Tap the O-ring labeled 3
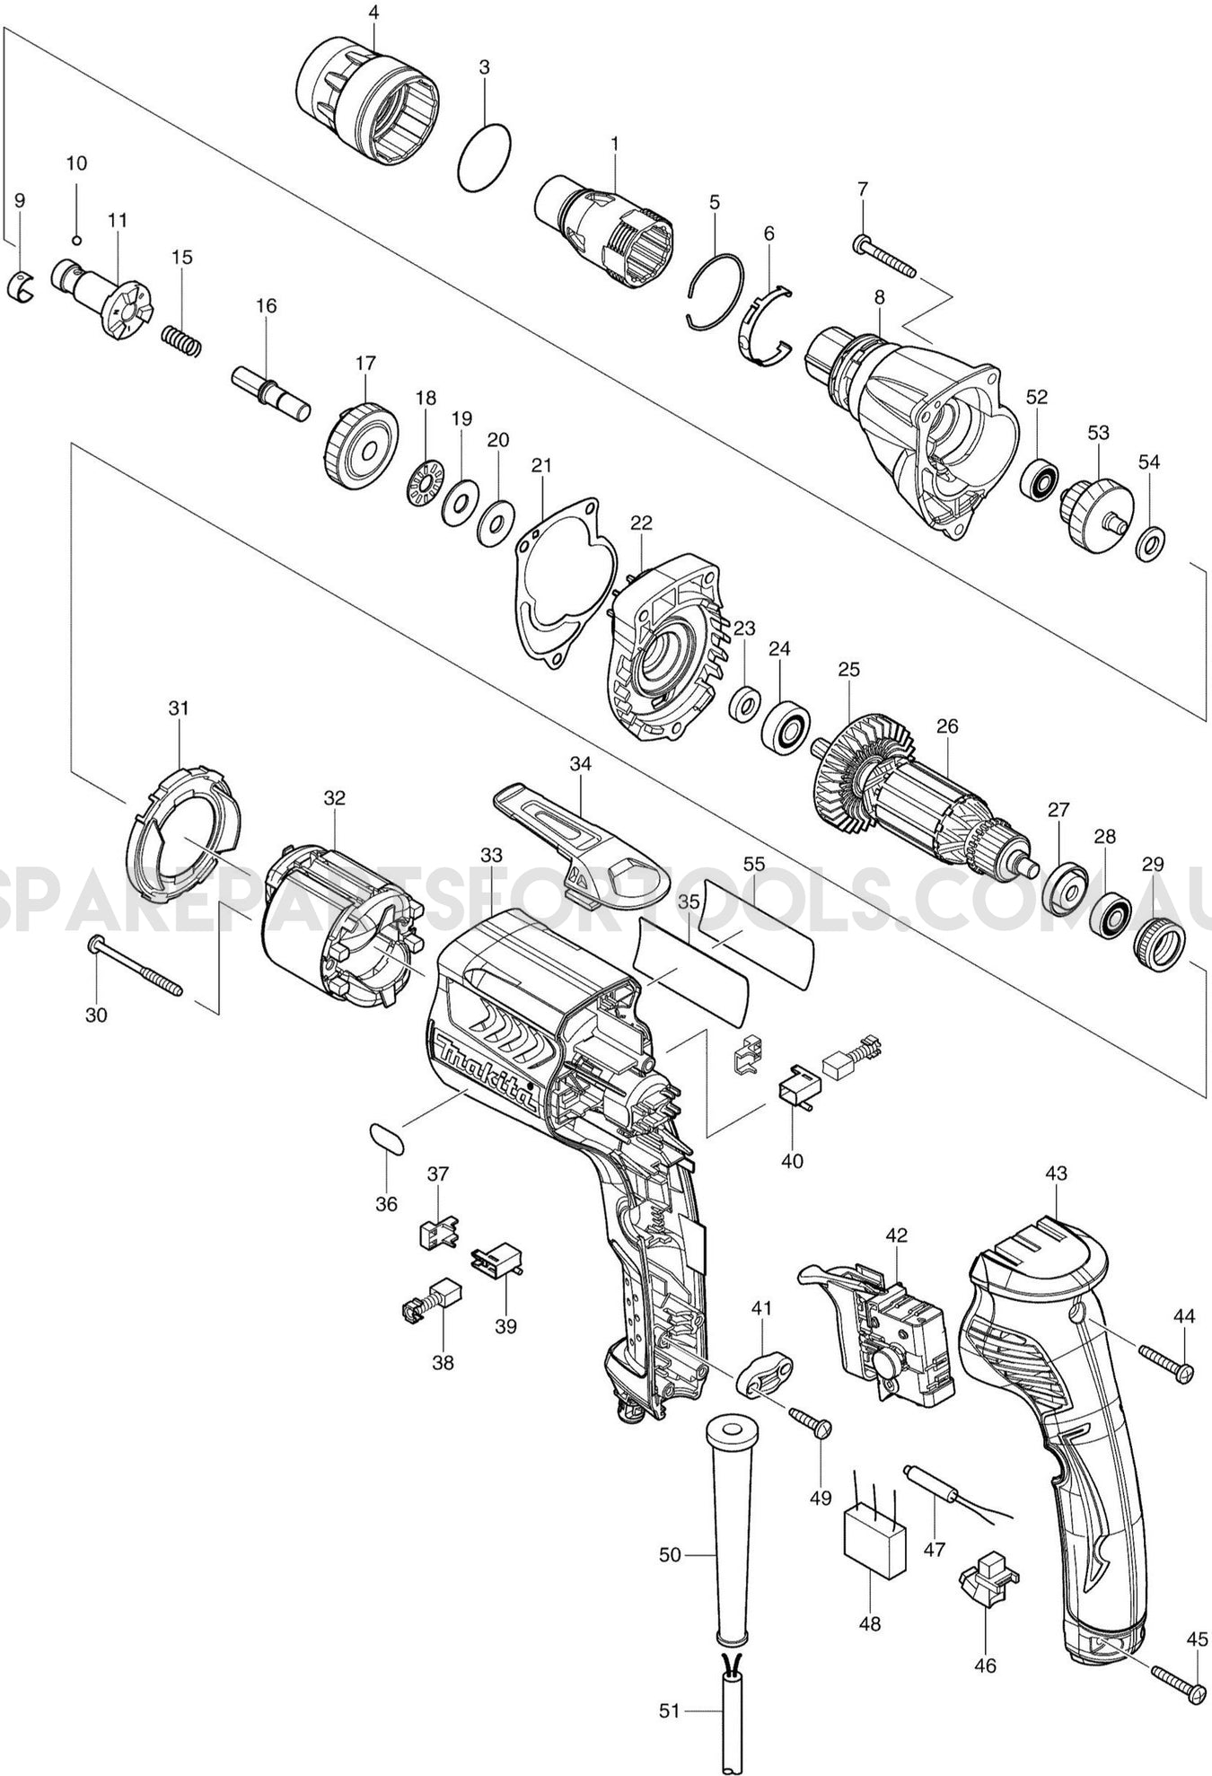point(485,158)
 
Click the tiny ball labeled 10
point(77,240)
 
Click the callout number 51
point(670,1711)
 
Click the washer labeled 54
point(1151,545)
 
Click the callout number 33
point(491,855)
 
